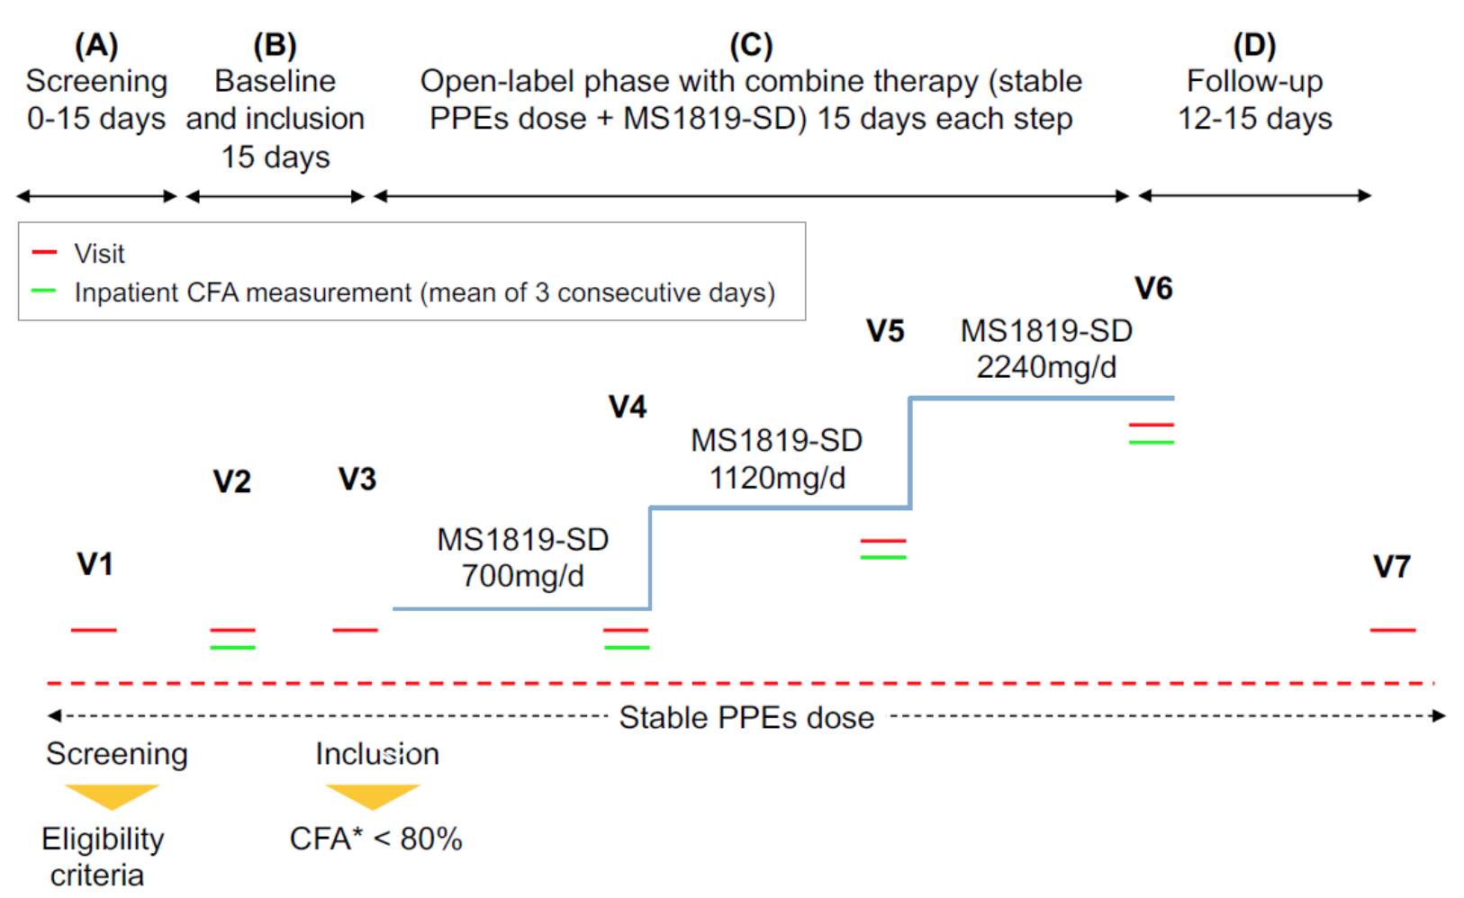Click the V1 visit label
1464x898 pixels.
coord(95,564)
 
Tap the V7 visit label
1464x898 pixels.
coord(1391,566)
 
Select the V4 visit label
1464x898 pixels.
coord(628,407)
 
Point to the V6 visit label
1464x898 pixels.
coord(1153,288)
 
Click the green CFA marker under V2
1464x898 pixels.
coord(232,647)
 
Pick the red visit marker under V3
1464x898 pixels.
coord(355,630)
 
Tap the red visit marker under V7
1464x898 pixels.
coord(1392,630)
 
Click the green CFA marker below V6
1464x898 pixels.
coord(1151,442)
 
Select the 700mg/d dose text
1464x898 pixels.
coord(522,575)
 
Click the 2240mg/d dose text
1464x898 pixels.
coord(1046,367)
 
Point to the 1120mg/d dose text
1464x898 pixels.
coord(777,478)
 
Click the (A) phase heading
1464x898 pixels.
coord(96,45)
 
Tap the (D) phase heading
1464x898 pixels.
coord(1254,45)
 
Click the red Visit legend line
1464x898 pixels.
coord(44,253)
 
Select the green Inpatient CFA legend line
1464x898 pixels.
coord(44,292)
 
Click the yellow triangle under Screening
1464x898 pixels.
coord(112,795)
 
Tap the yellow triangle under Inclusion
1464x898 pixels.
coord(372,795)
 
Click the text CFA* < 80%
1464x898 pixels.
coord(375,839)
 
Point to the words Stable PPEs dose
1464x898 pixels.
coord(746,717)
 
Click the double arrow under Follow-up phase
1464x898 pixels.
coord(1254,195)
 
